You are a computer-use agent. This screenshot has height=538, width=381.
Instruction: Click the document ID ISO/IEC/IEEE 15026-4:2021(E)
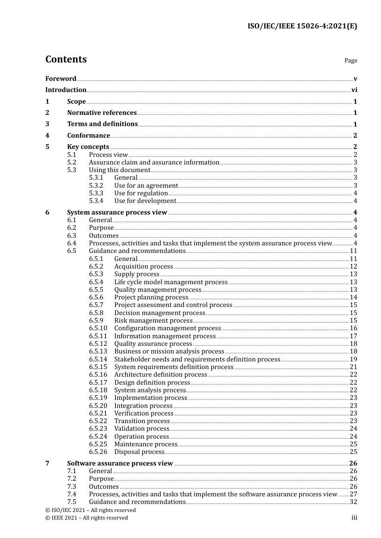[302, 26]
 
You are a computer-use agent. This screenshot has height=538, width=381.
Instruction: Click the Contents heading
[66, 59]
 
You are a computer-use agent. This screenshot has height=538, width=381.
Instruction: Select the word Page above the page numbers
[351, 60]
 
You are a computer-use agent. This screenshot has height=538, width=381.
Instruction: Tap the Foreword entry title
[61, 79]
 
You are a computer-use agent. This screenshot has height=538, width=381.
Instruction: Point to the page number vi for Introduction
[354, 90]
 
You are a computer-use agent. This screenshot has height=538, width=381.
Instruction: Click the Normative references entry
[102, 113]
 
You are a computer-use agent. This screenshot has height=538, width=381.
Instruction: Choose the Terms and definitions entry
[102, 124]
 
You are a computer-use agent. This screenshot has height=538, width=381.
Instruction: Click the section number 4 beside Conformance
[47, 136]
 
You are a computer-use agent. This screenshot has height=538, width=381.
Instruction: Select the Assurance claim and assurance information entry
[154, 163]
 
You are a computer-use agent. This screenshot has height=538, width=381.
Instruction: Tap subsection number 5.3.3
[96, 193]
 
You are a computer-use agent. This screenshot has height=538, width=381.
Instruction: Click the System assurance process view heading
[117, 213]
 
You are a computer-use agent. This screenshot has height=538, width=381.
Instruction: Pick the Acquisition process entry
[144, 267]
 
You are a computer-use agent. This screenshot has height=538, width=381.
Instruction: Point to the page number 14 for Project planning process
[353, 297]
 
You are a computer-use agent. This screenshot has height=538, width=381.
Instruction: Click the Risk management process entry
[153, 321]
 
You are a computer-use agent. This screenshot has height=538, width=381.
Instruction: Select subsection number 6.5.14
[98, 359]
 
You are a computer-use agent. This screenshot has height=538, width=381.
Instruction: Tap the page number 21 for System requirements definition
[353, 367]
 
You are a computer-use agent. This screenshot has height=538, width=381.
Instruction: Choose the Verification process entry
[144, 414]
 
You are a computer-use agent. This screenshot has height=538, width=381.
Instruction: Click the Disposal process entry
[139, 452]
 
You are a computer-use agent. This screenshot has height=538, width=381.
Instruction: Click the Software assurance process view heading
[120, 464]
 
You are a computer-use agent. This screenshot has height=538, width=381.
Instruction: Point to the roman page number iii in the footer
[354, 518]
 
